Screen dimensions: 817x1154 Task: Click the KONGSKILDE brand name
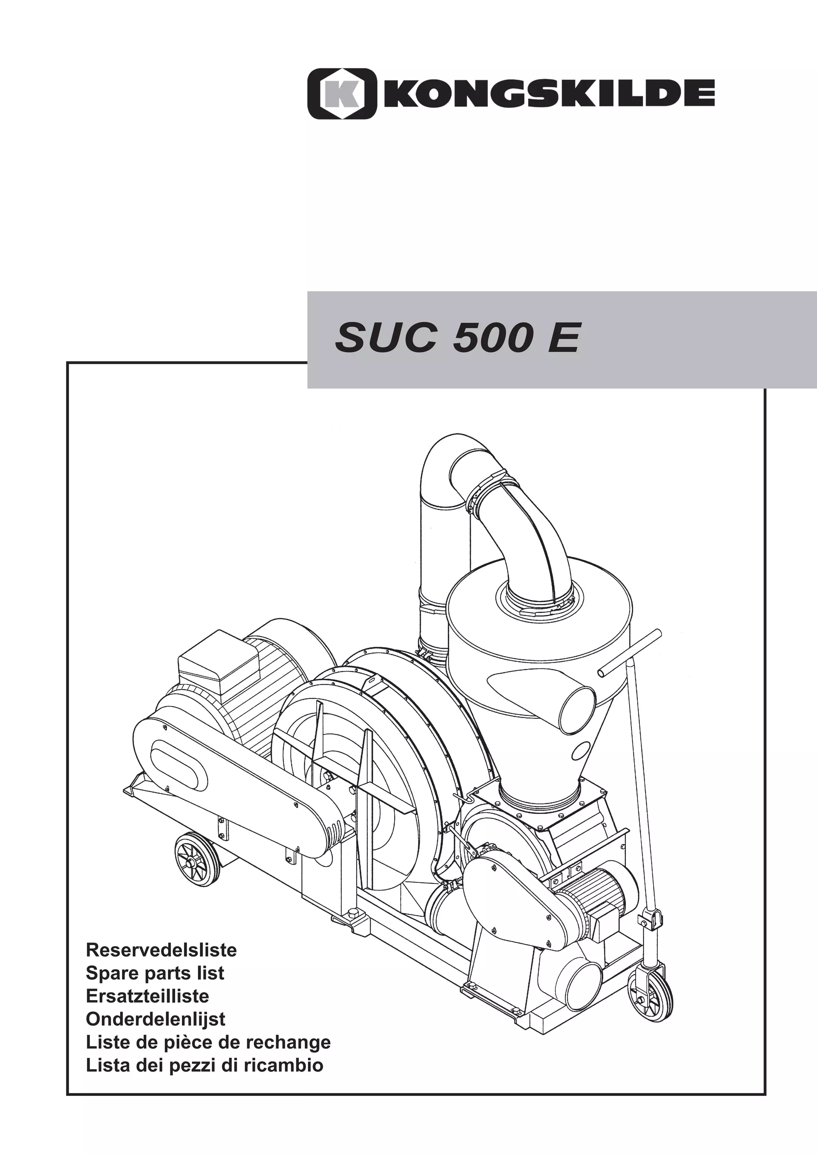549,94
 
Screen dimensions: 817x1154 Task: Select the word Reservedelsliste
161,950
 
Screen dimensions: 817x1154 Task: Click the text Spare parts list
155,973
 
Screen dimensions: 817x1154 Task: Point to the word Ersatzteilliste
147,996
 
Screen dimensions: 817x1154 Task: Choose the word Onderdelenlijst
156,1019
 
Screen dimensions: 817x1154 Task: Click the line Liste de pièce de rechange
208,1042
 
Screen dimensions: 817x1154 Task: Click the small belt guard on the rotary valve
508,888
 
